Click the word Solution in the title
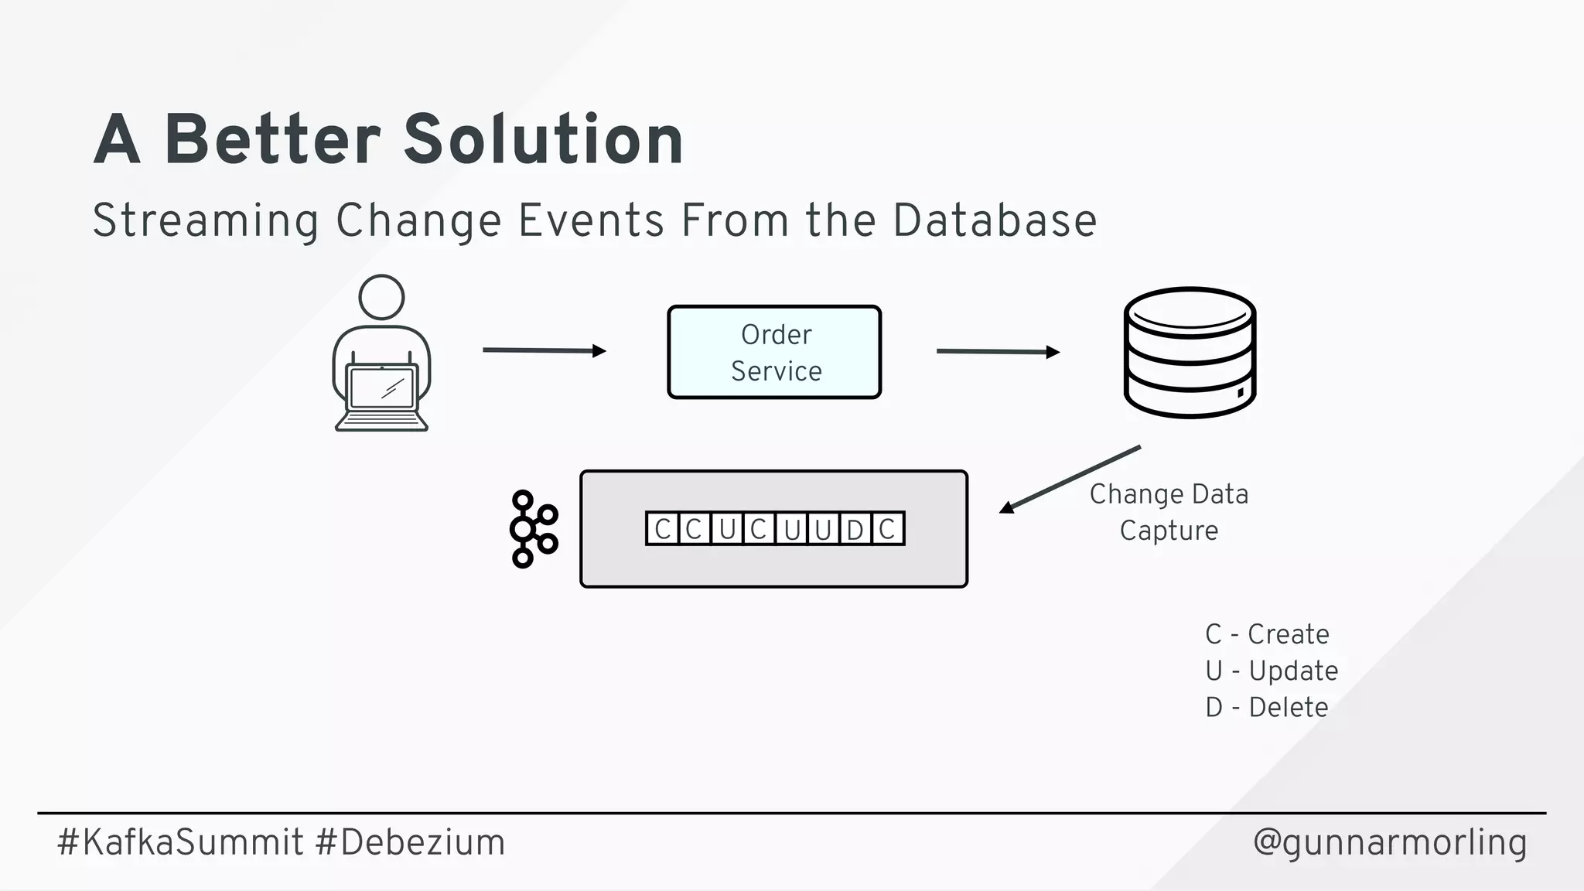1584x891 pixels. pos(543,139)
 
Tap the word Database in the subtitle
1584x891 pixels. pos(995,220)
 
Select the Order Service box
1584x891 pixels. pos(774,352)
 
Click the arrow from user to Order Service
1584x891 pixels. pos(543,350)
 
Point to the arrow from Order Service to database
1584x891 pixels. pos(997,352)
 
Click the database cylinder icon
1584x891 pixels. pos(1190,353)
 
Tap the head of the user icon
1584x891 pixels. pos(381,297)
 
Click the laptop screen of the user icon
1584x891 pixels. pos(381,387)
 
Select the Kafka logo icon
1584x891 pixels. pos(532,529)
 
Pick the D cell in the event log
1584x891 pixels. pos(855,529)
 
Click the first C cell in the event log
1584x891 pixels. pos(662,529)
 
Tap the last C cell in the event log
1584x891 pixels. pos(887,529)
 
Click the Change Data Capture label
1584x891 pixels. pos(1169,512)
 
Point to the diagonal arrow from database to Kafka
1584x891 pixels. pos(1071,479)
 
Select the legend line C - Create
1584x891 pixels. pos(1267,634)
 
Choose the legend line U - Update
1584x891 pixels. pos(1272,671)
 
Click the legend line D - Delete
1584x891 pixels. pos(1267,707)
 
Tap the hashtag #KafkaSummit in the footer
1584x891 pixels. pos(180,842)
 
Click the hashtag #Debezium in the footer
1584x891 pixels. pos(410,842)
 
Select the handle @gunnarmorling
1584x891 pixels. pos(1389,842)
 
